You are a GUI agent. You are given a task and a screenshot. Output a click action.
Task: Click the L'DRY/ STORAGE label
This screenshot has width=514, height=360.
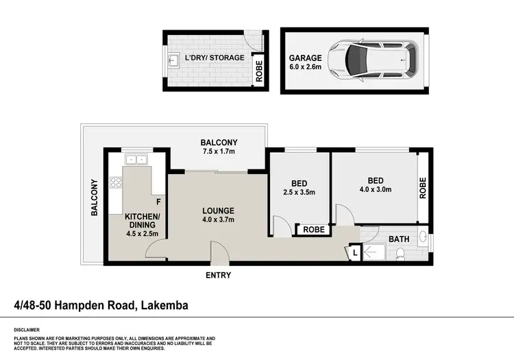point(214,58)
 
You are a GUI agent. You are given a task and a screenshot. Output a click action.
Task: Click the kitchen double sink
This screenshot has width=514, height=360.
point(136,160)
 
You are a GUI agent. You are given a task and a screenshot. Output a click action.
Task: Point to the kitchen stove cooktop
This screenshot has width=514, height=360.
point(115,183)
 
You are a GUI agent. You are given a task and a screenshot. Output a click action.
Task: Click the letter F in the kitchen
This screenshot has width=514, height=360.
point(158,202)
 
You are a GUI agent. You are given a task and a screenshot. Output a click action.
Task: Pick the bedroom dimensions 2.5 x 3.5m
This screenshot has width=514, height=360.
point(298,192)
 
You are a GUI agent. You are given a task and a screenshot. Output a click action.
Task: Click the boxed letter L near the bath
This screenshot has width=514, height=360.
point(354,253)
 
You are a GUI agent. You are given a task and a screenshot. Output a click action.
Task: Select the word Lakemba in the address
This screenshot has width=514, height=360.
point(164,305)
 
